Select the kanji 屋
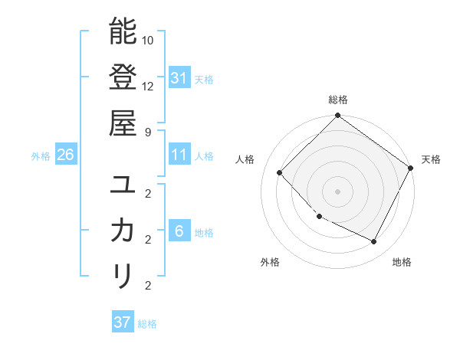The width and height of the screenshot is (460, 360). coord(123,122)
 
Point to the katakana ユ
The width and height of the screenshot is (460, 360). coord(123,185)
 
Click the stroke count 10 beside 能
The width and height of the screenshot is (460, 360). coord(149,39)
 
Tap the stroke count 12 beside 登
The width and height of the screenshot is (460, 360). coord(149,85)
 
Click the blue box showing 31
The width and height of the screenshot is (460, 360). coord(179,77)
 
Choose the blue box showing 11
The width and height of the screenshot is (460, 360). coord(179,155)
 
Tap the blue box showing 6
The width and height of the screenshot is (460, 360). coord(179,231)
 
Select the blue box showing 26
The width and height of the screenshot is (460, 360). coord(65,155)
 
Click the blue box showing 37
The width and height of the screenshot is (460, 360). coord(122,322)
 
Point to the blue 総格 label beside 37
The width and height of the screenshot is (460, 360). coord(147,324)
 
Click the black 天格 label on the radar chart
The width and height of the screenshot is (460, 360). coord(432,159)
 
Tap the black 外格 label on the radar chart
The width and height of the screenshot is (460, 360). coord(270,262)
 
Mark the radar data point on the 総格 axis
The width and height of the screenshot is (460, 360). coord(337,116)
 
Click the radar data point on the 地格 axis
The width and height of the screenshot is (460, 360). coord(374,242)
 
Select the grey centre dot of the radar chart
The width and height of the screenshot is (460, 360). coord(337,191)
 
